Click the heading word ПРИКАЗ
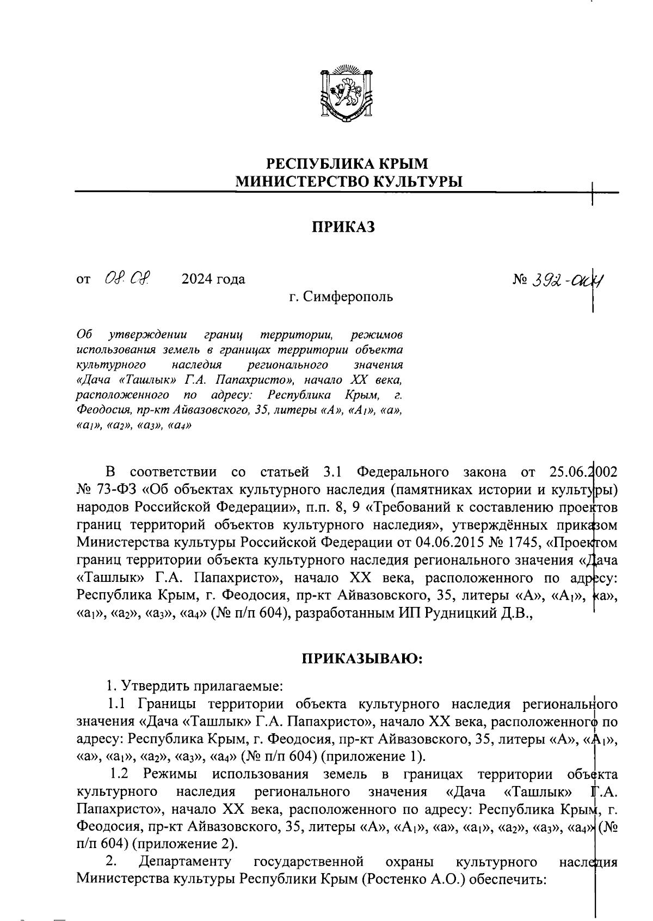(x=343, y=227)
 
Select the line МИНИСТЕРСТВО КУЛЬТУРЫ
(x=348, y=181)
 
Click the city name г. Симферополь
(x=340, y=297)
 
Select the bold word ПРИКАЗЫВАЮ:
(x=362, y=659)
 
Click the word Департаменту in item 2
(x=185, y=862)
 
